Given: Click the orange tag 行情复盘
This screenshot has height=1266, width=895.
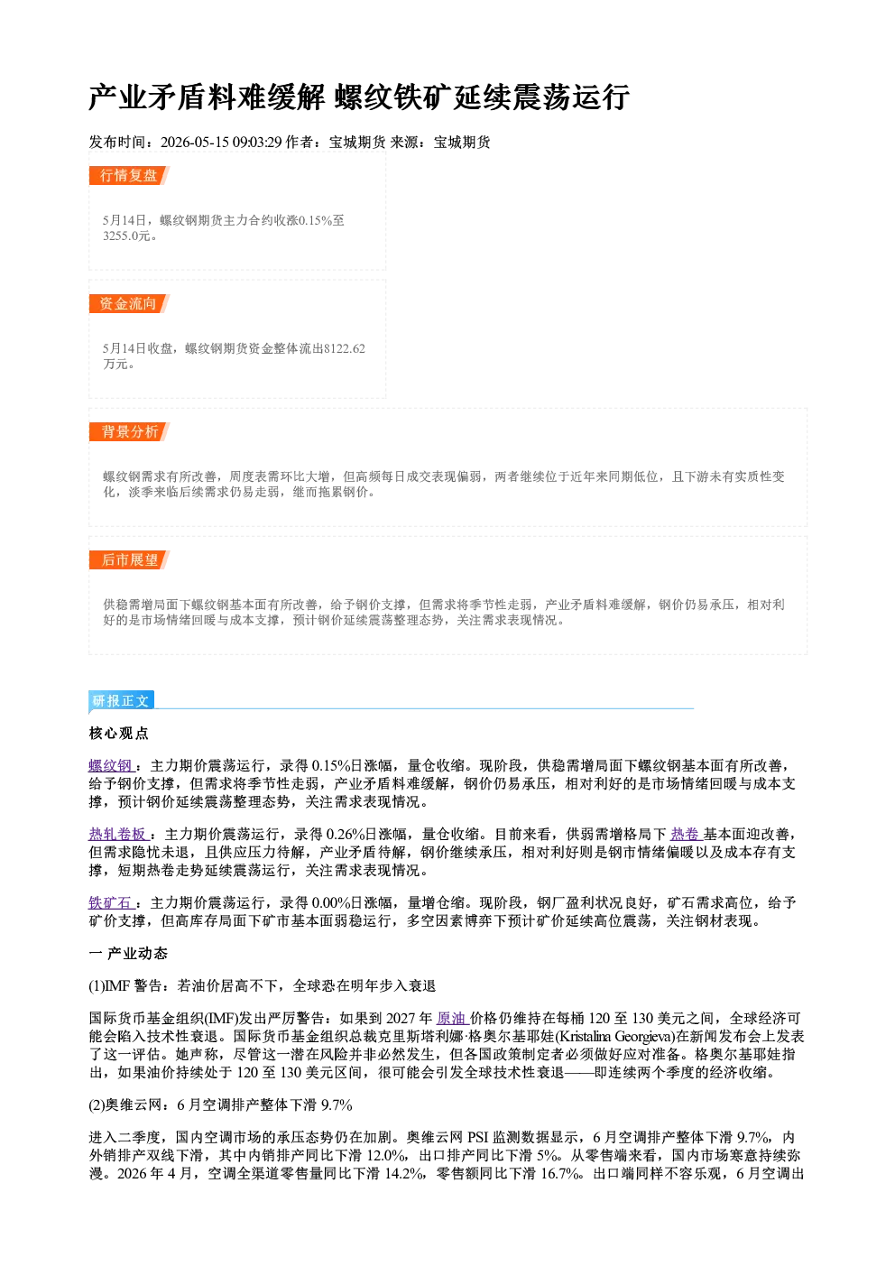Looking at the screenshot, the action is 129,175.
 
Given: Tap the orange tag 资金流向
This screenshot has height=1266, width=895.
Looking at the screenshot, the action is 129,303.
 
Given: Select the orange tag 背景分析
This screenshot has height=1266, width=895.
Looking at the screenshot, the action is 129,432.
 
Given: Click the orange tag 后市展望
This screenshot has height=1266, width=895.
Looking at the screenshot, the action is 129,560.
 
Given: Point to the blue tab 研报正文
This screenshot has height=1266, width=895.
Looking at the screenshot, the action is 121,701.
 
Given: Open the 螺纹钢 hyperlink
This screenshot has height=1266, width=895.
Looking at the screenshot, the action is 111,766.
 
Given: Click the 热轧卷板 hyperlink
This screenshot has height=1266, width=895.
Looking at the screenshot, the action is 118,834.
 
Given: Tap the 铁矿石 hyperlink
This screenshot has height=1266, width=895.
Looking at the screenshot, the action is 111,902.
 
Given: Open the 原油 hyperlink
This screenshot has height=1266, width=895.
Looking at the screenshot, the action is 453,1019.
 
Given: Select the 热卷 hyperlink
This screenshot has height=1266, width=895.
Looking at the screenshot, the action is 686,834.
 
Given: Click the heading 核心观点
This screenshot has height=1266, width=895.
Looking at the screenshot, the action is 118,734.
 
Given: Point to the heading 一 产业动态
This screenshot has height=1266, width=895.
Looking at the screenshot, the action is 128,954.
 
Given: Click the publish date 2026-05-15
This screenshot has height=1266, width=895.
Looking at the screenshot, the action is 194,142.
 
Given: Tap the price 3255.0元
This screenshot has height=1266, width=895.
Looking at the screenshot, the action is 126,236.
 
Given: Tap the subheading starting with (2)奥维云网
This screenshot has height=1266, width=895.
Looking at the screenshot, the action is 220,1104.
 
